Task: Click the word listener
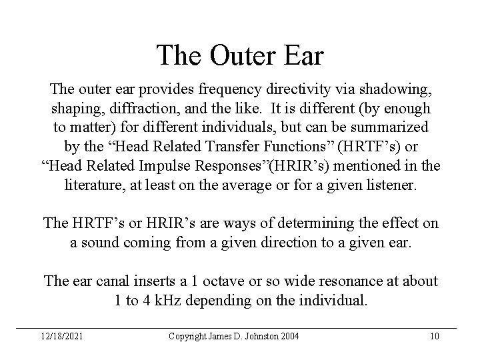pos(389,183)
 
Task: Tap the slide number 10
pos(435,335)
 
